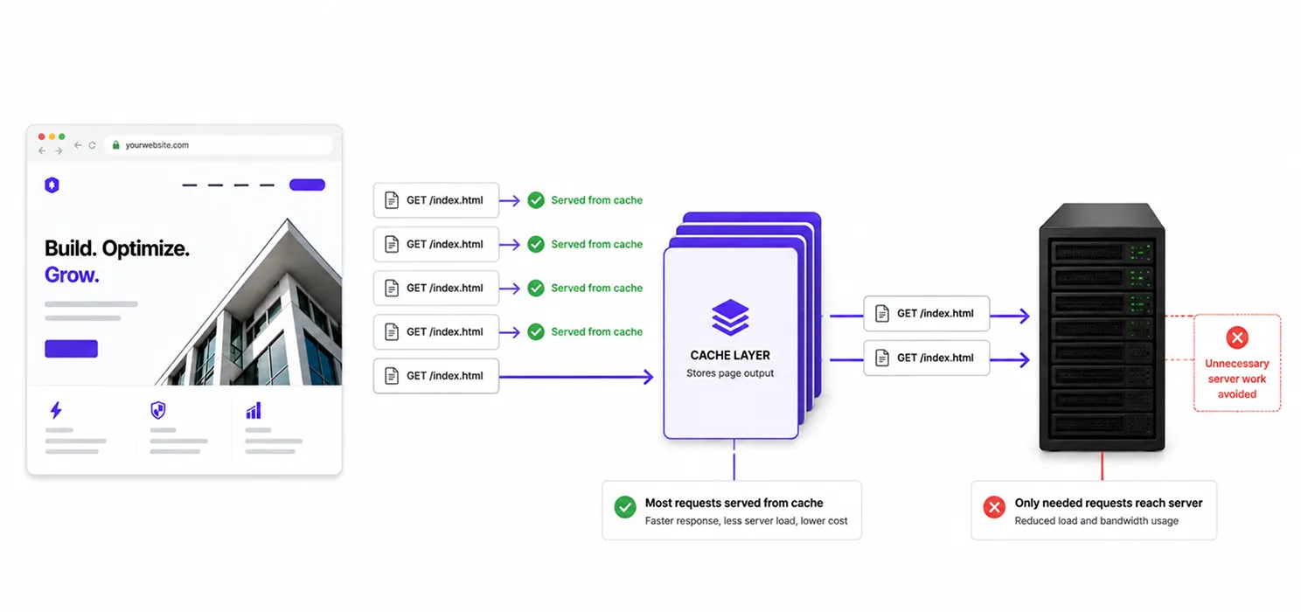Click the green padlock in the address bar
[x=115, y=144]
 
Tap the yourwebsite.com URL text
[x=157, y=145]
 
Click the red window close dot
[x=41, y=136]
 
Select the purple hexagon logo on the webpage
[x=52, y=184]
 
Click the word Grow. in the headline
[x=72, y=275]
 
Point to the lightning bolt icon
[x=56, y=410]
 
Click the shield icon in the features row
[x=158, y=411]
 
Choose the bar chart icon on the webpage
[x=254, y=411]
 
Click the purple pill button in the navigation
[x=307, y=184]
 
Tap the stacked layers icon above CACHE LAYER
[x=730, y=317]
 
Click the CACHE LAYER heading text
[x=730, y=355]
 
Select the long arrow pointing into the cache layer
[x=576, y=377]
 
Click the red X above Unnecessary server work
[x=1237, y=337]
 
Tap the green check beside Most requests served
[x=625, y=507]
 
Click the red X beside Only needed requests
[x=994, y=507]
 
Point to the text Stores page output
[x=730, y=373]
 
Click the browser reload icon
[x=93, y=145]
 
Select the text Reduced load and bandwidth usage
[x=1096, y=521]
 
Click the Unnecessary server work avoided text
[x=1237, y=379]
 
